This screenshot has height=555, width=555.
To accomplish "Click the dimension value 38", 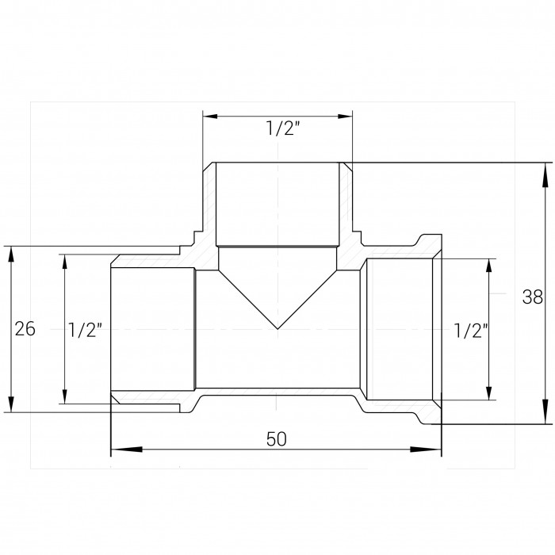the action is pyautogui.click(x=532, y=297).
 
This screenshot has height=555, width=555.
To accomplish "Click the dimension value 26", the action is pyautogui.click(x=25, y=329).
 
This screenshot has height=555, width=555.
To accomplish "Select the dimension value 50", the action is pyautogui.click(x=276, y=439).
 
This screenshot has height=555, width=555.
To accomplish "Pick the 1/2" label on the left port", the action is pyautogui.click(x=85, y=330).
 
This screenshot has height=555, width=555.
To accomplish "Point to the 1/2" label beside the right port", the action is pyautogui.click(x=470, y=331).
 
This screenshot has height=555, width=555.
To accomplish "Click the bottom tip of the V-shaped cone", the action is pyautogui.click(x=277, y=329).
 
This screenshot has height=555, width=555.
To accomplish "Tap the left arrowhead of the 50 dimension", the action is pyautogui.click(x=126, y=450).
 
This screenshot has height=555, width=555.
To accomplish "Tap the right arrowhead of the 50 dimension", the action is pyautogui.click(x=426, y=450).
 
